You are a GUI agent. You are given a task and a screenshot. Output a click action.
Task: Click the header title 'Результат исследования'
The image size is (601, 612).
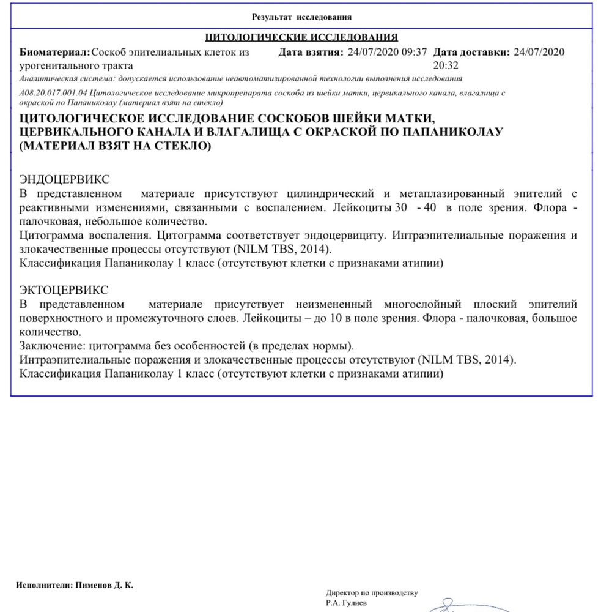[301, 17]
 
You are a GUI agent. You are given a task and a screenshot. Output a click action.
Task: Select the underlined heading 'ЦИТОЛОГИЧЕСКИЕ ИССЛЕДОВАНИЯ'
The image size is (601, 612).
[301, 37]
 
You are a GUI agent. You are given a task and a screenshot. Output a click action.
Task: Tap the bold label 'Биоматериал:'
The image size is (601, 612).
[55, 53]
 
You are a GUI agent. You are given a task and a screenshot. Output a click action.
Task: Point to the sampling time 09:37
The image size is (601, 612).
[414, 53]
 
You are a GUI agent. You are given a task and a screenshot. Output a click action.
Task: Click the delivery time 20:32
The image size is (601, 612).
[445, 64]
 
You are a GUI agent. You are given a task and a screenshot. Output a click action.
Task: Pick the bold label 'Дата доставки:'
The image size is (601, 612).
[471, 53]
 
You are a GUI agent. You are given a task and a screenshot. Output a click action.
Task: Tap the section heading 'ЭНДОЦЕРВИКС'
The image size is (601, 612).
[65, 179]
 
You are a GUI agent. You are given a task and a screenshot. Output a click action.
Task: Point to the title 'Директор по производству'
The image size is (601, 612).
[371, 593]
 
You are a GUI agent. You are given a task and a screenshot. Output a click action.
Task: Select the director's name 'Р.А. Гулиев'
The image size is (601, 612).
[347, 603]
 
